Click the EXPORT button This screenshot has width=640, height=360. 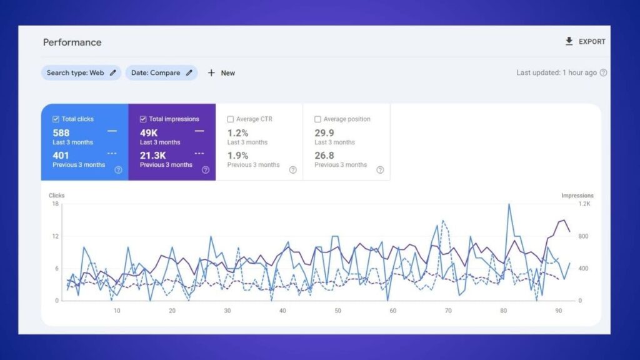point(586,42)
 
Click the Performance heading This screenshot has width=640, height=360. point(72,42)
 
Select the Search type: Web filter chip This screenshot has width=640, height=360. point(81,73)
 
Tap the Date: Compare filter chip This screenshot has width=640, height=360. point(161,73)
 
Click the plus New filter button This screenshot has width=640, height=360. point(221,73)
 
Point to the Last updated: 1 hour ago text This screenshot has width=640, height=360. point(556,72)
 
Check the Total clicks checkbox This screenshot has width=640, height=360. point(56,119)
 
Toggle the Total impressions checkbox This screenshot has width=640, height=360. point(144,119)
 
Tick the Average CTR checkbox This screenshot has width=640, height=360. point(231,119)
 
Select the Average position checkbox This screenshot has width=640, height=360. point(318,119)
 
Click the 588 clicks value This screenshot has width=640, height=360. point(61,132)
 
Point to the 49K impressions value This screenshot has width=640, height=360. point(149,132)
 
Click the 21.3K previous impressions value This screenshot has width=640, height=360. point(152,156)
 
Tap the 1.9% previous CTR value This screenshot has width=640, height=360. point(237,156)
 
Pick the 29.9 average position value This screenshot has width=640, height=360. point(324,132)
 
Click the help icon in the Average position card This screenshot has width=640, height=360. point(380,170)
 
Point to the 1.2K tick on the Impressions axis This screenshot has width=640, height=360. point(584,204)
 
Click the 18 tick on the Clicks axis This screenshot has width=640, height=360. point(56,204)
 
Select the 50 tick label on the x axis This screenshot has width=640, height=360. point(337,311)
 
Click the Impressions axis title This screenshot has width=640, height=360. point(577,196)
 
